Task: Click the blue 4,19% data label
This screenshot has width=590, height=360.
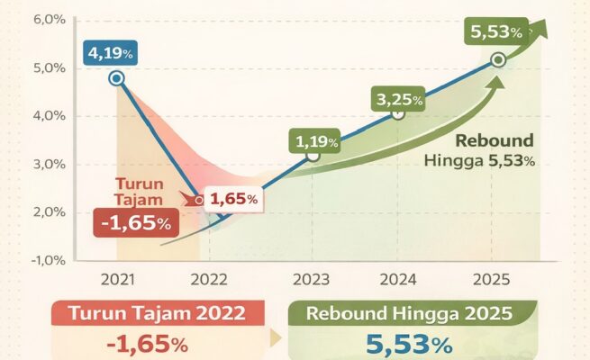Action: click(110, 53)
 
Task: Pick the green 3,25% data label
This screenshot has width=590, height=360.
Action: click(399, 97)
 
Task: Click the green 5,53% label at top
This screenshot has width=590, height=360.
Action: click(496, 32)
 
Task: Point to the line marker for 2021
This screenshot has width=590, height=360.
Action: click(116, 78)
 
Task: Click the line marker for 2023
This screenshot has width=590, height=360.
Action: click(313, 155)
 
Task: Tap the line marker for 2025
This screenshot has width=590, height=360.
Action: click(498, 60)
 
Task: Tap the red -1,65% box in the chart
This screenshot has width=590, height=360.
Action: click(132, 222)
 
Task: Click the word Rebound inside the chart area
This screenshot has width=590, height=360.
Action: click(495, 140)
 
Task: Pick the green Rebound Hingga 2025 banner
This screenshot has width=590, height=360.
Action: click(410, 313)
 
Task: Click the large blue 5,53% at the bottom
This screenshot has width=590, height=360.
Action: click(408, 344)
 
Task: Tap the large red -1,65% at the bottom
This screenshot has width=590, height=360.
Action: click(147, 344)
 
